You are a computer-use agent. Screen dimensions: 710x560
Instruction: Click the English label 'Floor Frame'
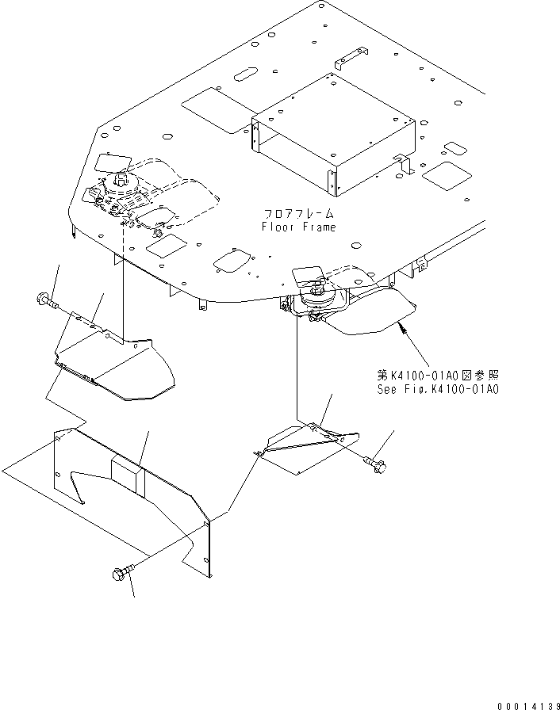pos(298,227)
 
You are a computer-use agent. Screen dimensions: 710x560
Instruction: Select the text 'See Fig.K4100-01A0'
pos(438,389)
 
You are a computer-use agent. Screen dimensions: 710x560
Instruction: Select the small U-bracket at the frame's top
pos(349,60)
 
